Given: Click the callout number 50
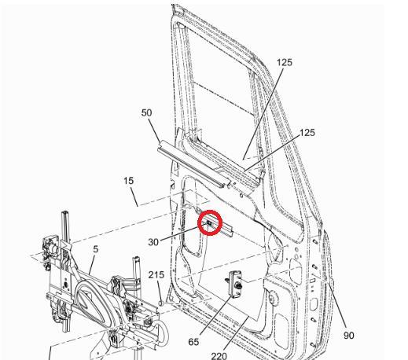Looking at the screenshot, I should click(x=147, y=112).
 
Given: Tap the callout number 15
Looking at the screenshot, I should click(x=129, y=181).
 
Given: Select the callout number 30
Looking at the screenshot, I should click(x=153, y=242).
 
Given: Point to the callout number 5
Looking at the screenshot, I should click(x=96, y=250).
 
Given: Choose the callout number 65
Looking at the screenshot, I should click(x=193, y=342).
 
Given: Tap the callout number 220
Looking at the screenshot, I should click(x=219, y=355).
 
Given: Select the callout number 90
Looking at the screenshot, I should click(x=349, y=336).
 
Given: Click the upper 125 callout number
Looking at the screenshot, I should click(x=284, y=62).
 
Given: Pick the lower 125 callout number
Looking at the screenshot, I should click(x=307, y=133).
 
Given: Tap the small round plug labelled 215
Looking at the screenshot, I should click(x=161, y=302).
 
